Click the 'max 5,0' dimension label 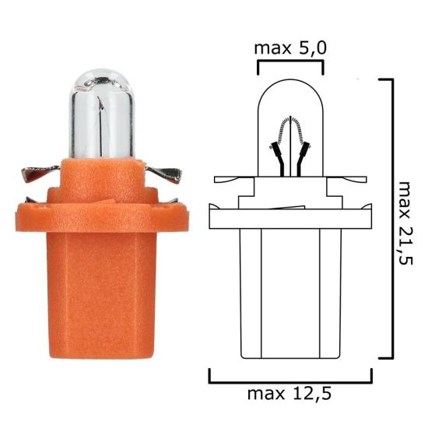tap(289, 48)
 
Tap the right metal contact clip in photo tap(167, 174)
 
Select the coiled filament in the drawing tap(290, 127)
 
